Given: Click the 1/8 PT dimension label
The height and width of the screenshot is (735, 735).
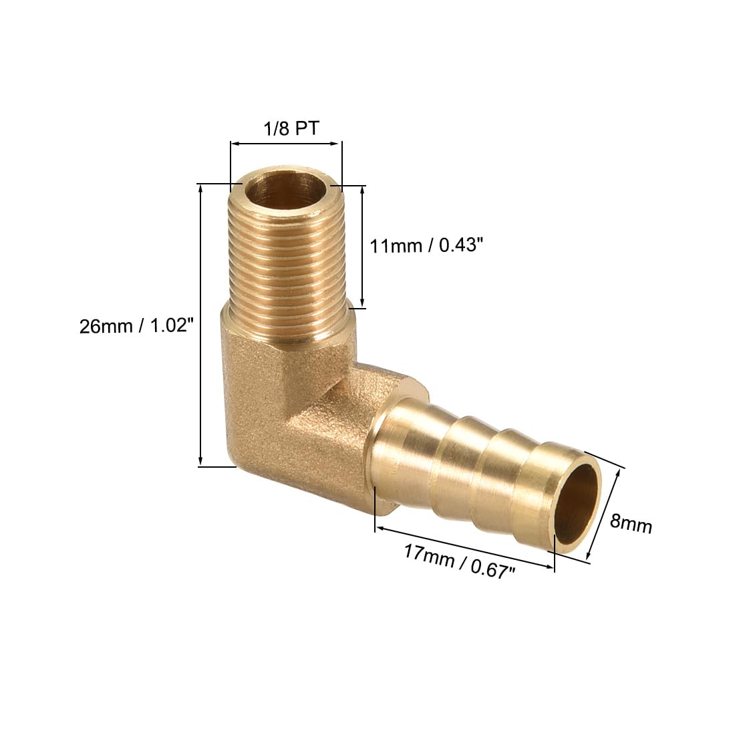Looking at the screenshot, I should pos(285,128).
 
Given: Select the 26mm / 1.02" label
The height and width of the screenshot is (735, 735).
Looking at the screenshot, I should pos(136,327).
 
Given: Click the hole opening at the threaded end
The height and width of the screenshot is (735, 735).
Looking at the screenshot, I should pos(286,190).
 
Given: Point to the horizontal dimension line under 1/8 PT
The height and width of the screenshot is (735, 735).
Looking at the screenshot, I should pos(285,142).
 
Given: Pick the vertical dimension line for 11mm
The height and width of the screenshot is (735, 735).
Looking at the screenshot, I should pos(363,246).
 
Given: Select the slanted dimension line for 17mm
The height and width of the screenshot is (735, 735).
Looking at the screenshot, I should pos(464,548).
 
